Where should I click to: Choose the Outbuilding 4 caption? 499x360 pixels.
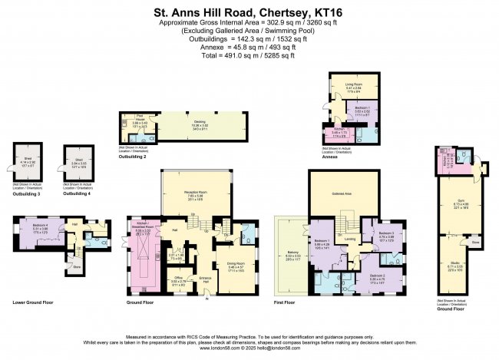[x=77, y=193]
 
